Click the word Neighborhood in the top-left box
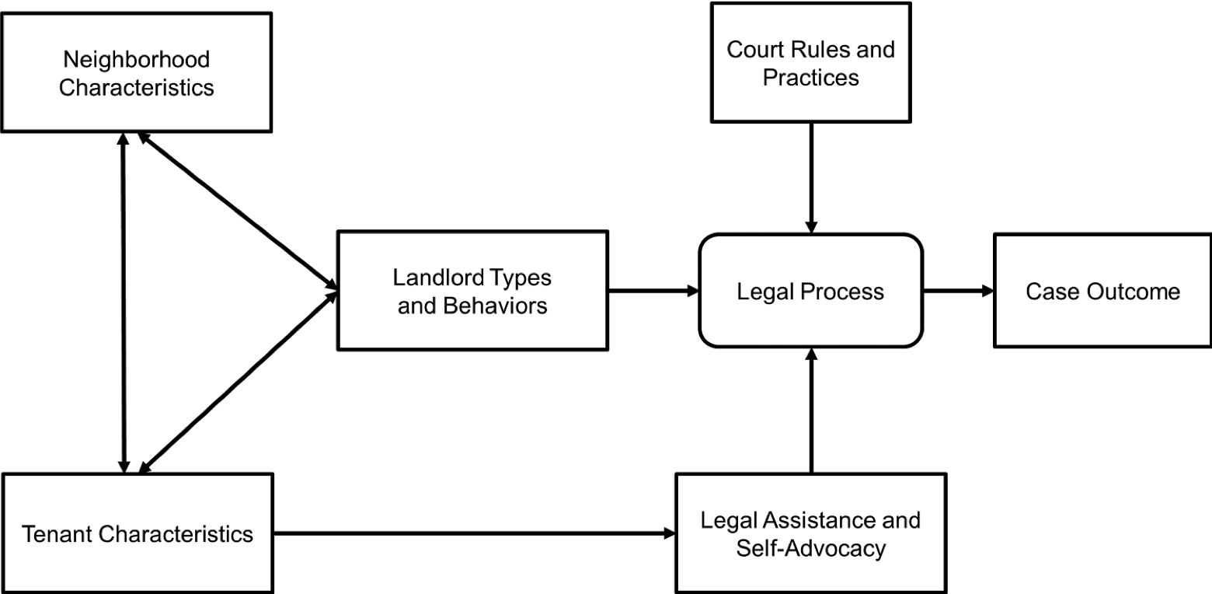click(137, 60)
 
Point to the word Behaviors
click(495, 306)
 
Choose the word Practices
click(810, 78)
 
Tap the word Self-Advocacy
click(810, 548)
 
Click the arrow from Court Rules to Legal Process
click(811, 178)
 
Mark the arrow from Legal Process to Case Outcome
click(958, 291)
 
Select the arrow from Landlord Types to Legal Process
click(653, 291)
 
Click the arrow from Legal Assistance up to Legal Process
click(811, 411)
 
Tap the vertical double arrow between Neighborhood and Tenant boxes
click(124, 302)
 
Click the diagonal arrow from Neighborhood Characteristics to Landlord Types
click(238, 211)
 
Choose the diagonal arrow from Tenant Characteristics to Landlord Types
click(239, 382)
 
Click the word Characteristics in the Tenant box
click(176, 534)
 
